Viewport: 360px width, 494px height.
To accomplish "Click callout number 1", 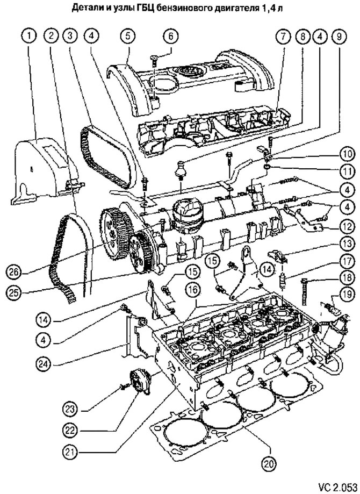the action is point(30,35).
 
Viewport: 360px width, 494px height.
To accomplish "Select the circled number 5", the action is point(128,35).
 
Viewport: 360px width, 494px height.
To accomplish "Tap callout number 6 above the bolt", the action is point(170,35).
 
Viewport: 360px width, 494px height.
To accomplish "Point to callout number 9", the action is point(339,36).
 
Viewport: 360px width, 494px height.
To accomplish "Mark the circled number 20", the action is point(269,463).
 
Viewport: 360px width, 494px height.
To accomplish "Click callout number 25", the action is point(13,292).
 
